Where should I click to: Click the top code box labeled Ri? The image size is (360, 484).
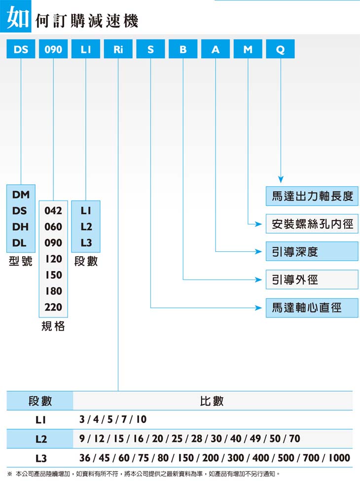pos(118,49)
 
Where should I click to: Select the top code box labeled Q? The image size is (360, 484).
pos(280,49)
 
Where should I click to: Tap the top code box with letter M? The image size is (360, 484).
pos(248,49)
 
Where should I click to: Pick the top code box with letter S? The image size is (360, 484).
pos(151,49)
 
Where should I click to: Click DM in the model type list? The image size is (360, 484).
pos(21,195)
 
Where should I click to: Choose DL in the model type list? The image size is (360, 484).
pos(19,243)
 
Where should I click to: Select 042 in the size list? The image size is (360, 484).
pos(53,210)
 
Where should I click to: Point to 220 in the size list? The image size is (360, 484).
pos(53,307)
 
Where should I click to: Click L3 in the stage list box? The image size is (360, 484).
pos(86,243)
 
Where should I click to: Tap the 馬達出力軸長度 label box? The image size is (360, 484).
pos(312,196)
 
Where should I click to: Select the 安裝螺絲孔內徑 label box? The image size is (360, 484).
pos(312,224)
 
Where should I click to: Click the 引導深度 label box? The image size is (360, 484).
pos(312,251)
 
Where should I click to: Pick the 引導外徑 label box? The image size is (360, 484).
pos(312,279)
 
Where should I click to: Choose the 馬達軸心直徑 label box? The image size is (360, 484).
pos(312,308)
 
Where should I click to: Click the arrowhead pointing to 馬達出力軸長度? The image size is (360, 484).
pos(281,179)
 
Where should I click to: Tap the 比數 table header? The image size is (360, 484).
pos(212,401)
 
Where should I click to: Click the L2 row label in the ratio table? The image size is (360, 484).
pos(41,439)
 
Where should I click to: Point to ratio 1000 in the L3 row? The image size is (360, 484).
pos(339,458)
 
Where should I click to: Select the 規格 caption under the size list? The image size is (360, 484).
pos(53,326)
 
